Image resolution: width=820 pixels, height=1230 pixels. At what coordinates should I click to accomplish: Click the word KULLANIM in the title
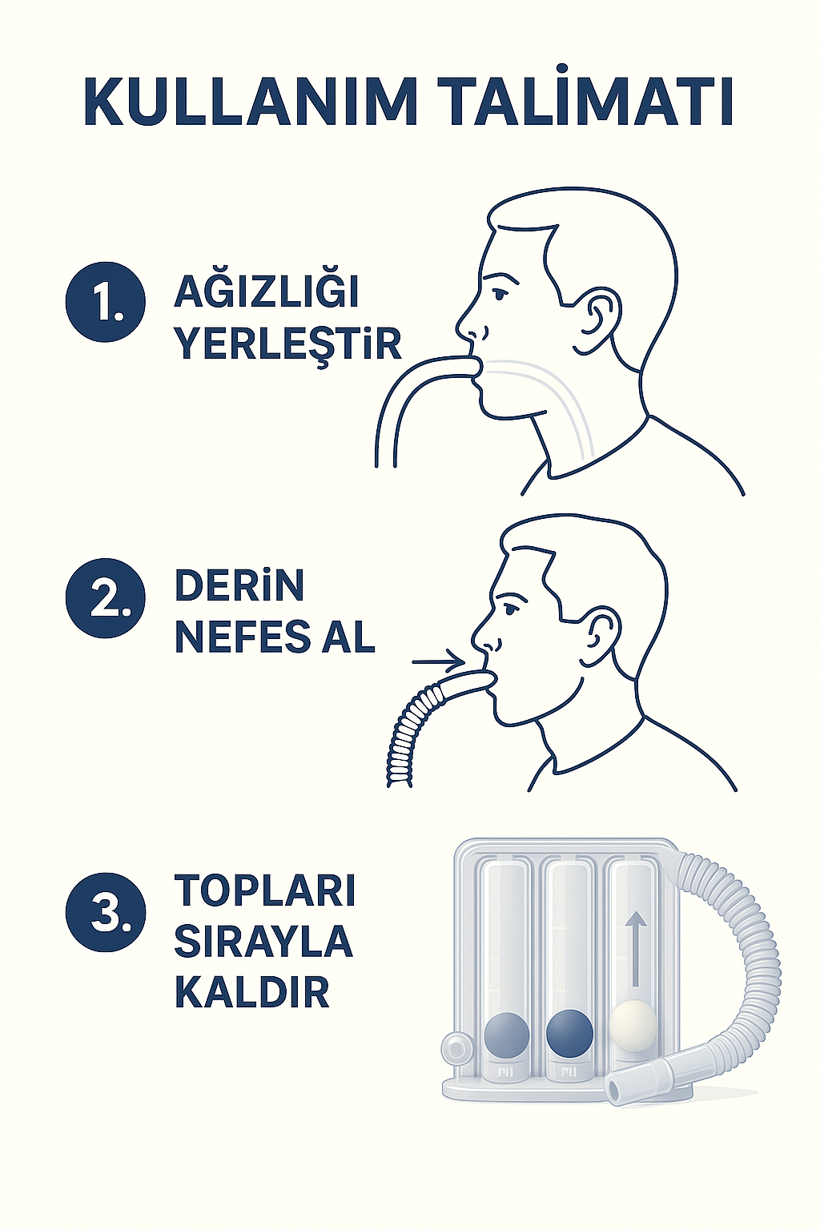tap(251, 102)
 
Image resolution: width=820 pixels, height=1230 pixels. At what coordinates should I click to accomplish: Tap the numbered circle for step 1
tap(106, 302)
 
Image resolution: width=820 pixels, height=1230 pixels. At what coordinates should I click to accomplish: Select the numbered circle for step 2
tap(106, 598)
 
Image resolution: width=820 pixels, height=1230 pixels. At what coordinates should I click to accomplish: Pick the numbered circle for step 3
tap(106, 912)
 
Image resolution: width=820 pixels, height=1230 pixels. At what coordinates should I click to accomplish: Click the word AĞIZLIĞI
tap(267, 292)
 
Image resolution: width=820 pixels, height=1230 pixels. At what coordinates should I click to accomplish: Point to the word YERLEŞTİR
tap(287, 344)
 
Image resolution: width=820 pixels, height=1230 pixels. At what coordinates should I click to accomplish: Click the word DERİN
tap(239, 586)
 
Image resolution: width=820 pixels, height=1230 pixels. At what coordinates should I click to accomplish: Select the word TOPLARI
tap(265, 890)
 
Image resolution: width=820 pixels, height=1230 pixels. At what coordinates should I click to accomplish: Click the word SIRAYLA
tap(263, 942)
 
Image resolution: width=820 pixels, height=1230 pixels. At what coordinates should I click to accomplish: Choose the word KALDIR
tap(252, 993)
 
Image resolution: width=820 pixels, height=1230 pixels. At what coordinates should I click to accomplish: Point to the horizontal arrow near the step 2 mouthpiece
tap(437, 662)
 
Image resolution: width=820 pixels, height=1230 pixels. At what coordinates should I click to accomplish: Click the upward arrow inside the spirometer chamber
tap(636, 949)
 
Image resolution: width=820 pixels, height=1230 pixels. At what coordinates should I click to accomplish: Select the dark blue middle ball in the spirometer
tap(569, 1032)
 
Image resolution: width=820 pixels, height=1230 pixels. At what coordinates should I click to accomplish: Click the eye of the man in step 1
tap(499, 294)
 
